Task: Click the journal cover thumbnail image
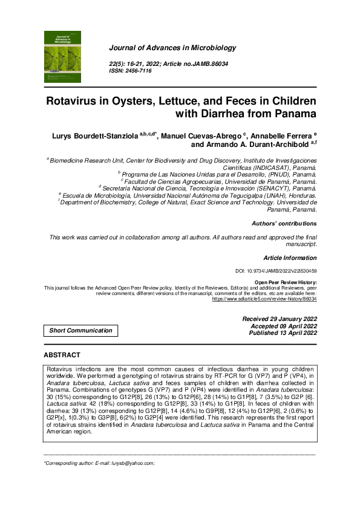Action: [x=62, y=57]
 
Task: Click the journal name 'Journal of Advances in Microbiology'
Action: [x=172, y=48]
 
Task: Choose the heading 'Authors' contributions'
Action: [x=284, y=224]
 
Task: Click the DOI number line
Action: [x=275, y=271]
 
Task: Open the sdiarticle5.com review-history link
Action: [x=264, y=299]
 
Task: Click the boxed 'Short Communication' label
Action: [x=80, y=331]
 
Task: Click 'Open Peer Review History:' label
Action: [x=285, y=282]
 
